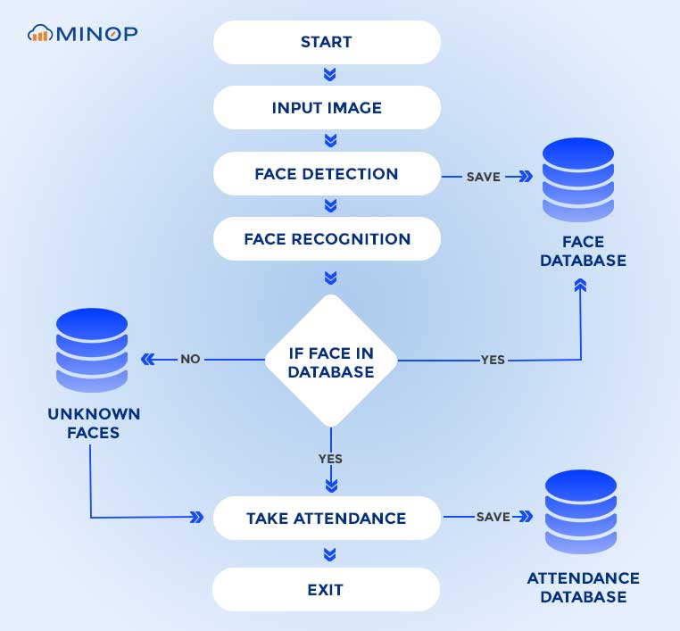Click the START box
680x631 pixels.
pyautogui.click(x=327, y=42)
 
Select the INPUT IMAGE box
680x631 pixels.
pyautogui.click(x=327, y=108)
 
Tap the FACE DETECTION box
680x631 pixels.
pyautogui.click(x=327, y=174)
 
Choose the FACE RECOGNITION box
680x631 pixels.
pyautogui.click(x=327, y=239)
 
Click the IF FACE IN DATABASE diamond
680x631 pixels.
pyautogui.click(x=331, y=361)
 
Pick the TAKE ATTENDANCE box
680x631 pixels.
pyautogui.click(x=327, y=518)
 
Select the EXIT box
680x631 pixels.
pyautogui.click(x=327, y=590)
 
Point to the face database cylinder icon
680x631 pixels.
pyautogui.click(x=580, y=179)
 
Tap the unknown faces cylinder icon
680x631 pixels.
pyautogui.click(x=92, y=350)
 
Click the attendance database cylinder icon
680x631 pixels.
pyautogui.click(x=580, y=515)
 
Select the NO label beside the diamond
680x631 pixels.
pyautogui.click(x=190, y=359)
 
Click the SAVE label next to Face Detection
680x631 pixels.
pyautogui.click(x=483, y=177)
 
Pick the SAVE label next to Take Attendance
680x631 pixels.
pyautogui.click(x=493, y=517)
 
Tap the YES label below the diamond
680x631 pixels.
pyautogui.click(x=330, y=459)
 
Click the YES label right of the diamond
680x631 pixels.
pyautogui.click(x=493, y=360)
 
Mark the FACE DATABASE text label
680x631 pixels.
pyautogui.click(x=583, y=251)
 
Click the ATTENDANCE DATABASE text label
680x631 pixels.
pyautogui.click(x=583, y=587)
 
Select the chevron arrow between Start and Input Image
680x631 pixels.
pyautogui.click(x=330, y=74)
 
